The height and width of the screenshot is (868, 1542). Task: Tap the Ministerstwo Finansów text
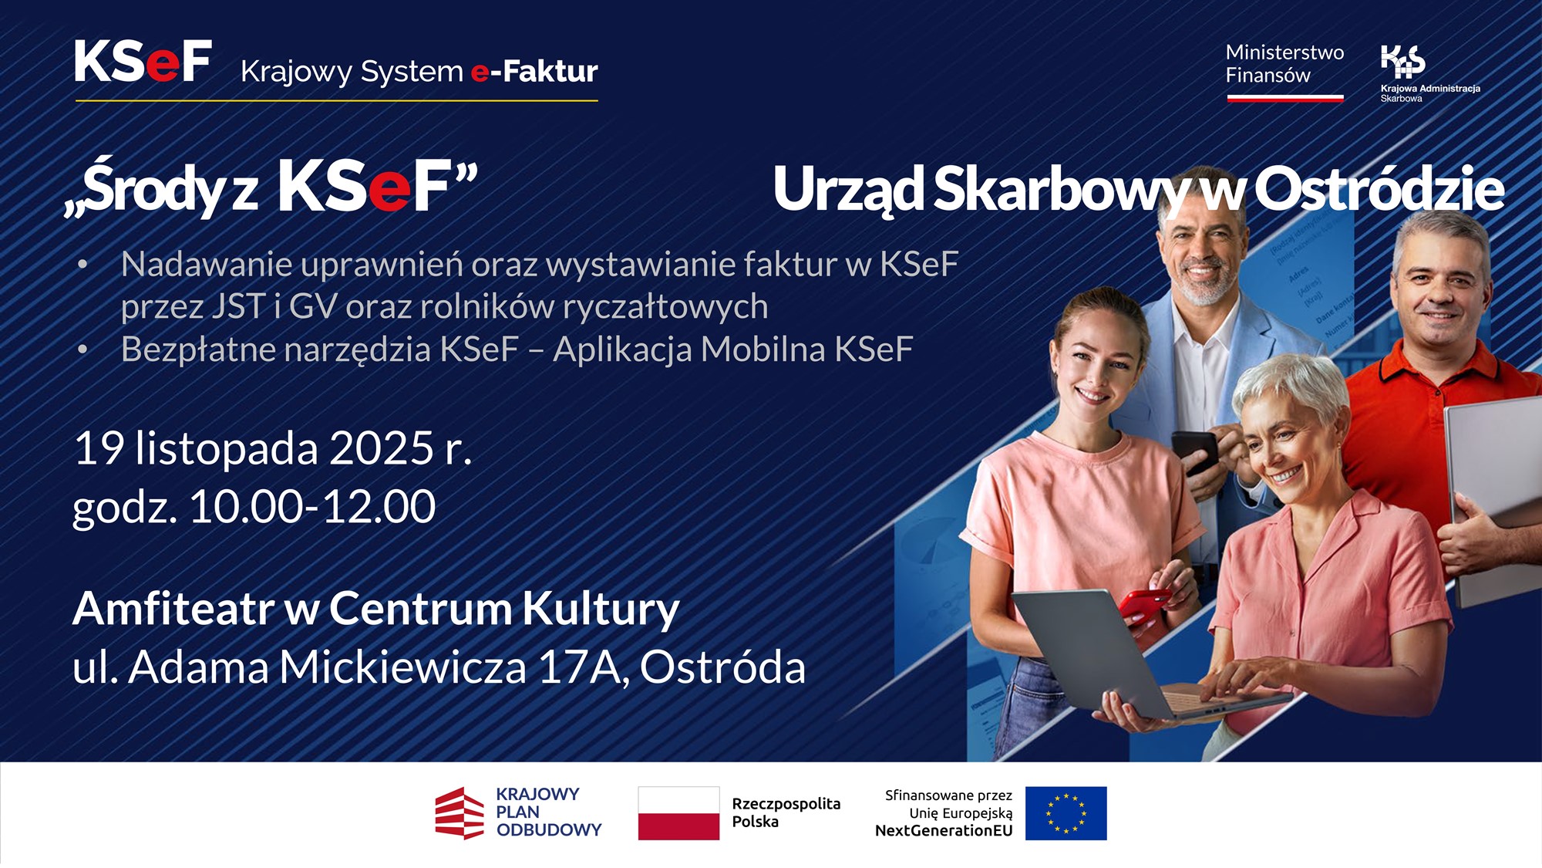click(x=1284, y=64)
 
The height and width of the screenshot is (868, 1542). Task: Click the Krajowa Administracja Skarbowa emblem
click(x=1403, y=62)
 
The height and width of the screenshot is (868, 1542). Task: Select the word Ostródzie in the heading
click(x=1379, y=189)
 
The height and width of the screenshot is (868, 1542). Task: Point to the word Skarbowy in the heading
click(x=1060, y=189)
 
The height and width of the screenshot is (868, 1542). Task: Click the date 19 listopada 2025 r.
click(x=273, y=448)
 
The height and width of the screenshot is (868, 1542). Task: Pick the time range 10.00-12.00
click(x=312, y=507)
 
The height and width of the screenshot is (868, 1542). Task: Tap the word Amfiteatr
click(x=173, y=609)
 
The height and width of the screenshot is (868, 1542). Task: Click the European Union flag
click(x=1066, y=813)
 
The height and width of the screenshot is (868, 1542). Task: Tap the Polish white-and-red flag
click(x=678, y=813)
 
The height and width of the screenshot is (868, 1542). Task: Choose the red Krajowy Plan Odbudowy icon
click(x=460, y=813)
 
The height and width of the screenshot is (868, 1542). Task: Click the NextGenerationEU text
click(x=944, y=831)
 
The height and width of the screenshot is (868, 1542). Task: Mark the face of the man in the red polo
click(x=1438, y=297)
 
